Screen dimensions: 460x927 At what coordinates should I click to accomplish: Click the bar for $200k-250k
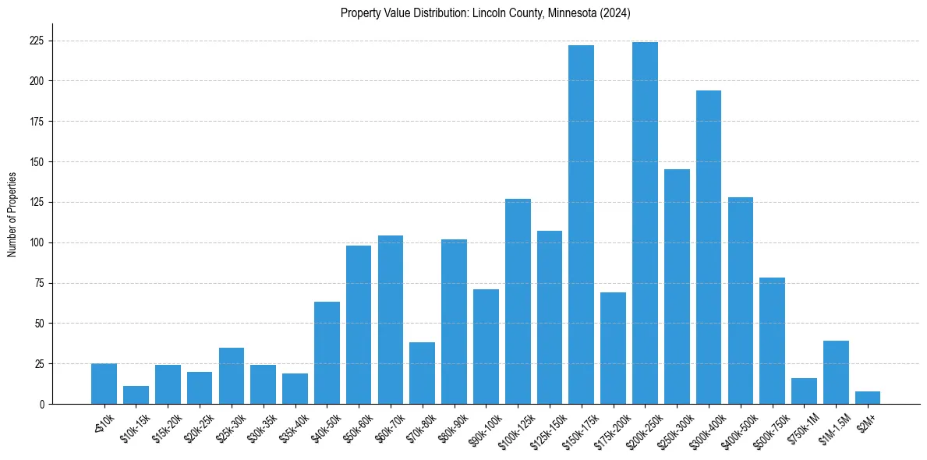tap(645, 223)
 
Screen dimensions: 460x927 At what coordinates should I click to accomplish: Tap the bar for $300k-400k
tap(709, 247)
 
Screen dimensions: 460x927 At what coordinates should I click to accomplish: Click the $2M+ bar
tap(868, 398)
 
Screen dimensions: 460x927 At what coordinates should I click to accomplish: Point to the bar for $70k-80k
tap(422, 373)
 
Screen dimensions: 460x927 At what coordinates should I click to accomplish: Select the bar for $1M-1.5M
tap(836, 373)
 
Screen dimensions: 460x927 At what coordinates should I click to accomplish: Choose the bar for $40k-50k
tap(327, 353)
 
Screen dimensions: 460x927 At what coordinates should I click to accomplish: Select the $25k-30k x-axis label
tap(230, 425)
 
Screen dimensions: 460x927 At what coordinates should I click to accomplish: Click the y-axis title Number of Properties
tap(12, 214)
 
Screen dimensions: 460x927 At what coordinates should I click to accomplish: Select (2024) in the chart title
tap(616, 13)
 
